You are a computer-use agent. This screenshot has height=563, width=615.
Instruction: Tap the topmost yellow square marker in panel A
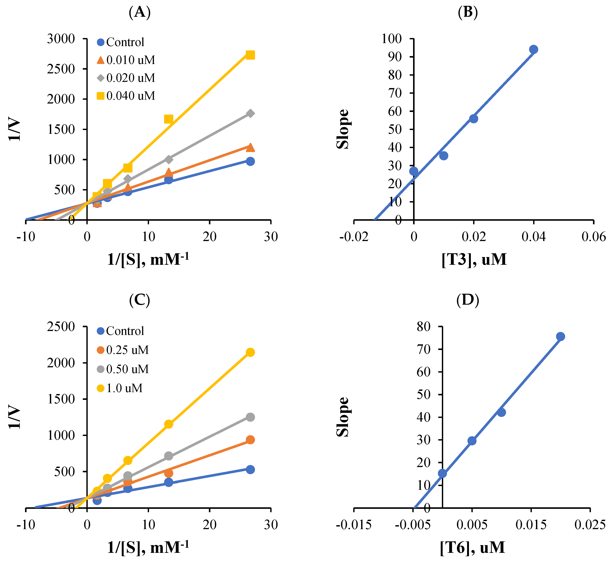point(250,55)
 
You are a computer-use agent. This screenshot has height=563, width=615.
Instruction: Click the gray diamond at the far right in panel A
point(250,113)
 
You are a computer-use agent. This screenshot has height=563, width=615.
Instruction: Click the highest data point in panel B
point(534,49)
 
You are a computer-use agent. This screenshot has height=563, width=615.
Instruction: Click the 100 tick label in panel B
point(391,39)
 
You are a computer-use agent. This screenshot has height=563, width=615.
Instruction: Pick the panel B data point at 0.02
point(474,119)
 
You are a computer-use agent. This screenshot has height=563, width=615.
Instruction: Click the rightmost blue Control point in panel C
point(250,469)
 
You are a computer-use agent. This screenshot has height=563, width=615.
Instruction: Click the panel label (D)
point(468,300)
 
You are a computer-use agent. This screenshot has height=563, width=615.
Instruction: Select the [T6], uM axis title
point(472,547)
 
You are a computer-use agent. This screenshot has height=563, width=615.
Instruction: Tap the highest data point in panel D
point(560,337)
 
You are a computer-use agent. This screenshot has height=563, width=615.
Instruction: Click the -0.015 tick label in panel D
point(354,525)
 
